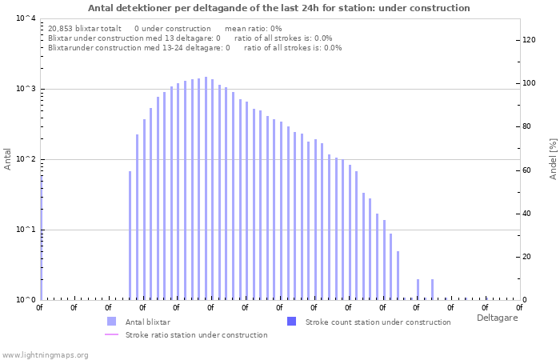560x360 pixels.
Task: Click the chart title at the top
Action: click(x=279, y=8)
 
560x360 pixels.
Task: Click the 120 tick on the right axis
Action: click(x=528, y=40)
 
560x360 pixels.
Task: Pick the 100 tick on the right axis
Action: click(x=528, y=83)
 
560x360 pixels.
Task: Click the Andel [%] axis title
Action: click(x=553, y=158)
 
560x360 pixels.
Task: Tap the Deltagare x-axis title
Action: click(x=497, y=318)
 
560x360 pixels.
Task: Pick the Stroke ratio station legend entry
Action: click(x=196, y=335)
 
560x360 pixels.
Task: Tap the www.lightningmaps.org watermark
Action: click(x=45, y=354)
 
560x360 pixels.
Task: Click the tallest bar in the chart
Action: click(x=206, y=189)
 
